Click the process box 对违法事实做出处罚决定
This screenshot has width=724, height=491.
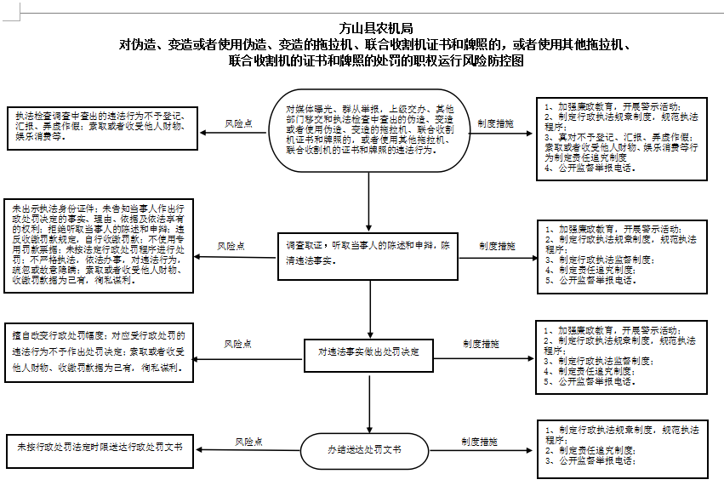pos(369,351)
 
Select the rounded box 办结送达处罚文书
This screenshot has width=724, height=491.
pos(364,448)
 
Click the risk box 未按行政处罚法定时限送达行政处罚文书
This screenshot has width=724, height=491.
pos(100,448)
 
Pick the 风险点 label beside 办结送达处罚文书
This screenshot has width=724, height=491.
pos(248,442)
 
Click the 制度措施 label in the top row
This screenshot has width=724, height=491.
pos(496,124)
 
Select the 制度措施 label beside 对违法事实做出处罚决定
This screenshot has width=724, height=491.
pos(481,344)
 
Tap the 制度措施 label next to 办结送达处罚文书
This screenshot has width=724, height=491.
pos(480,442)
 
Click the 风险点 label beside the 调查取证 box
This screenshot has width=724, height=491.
pos(231,246)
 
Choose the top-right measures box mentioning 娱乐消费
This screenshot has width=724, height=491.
pos(623,139)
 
